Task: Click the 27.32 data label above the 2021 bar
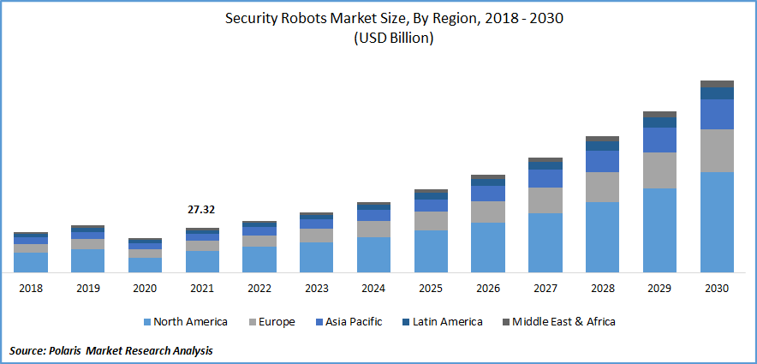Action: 202,209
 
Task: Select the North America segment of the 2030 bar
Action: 717,222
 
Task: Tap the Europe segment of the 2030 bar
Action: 717,151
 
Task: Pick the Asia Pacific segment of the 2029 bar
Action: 659,140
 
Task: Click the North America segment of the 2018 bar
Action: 31,262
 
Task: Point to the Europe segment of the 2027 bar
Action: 545,200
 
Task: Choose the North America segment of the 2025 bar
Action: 431,251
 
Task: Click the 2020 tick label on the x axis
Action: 145,289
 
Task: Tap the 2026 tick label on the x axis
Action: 488,289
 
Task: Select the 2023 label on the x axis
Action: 317,289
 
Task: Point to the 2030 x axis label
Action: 717,289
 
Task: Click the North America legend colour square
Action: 146,322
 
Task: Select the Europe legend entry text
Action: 276,322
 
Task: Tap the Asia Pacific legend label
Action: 353,322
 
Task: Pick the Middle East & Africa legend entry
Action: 563,322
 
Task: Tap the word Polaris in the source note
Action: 69,351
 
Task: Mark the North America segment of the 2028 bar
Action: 602,237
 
